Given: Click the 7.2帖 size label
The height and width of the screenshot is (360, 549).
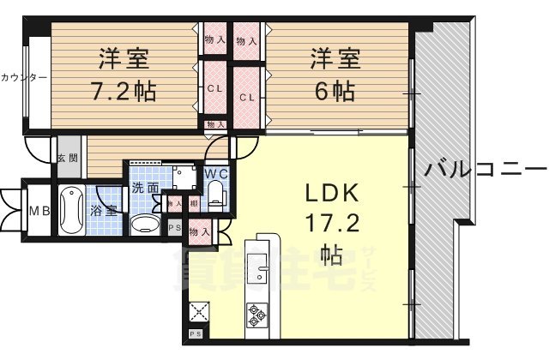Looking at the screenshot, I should [x=124, y=91].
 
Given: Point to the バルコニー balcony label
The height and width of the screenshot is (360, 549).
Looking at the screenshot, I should [x=485, y=168].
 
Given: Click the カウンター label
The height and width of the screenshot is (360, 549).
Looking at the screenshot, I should [x=23, y=77].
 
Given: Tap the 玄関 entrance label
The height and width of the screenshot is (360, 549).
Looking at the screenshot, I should [x=68, y=158].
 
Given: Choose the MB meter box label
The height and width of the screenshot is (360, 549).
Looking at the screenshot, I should [x=38, y=211].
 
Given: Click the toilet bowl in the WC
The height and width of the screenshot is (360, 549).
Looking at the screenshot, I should [x=216, y=191].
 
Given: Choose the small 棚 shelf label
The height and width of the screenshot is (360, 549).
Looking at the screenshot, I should [x=195, y=203].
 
